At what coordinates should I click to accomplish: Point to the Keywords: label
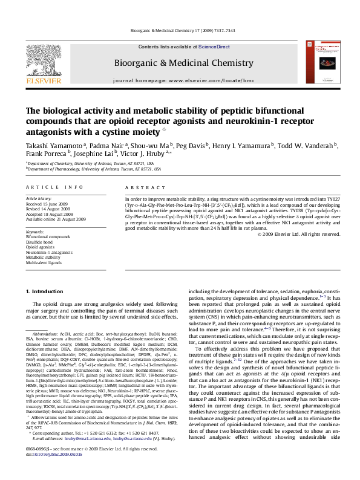34,232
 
